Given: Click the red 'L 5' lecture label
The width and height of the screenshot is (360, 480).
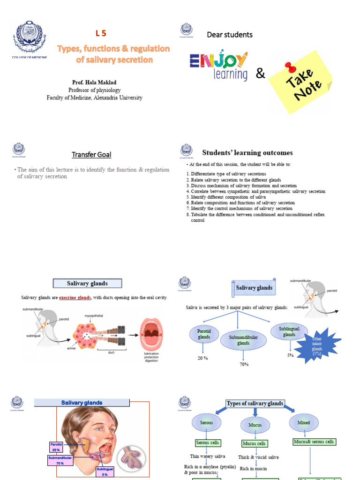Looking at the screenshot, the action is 101,33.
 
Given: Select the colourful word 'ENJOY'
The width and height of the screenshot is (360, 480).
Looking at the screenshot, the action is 218,60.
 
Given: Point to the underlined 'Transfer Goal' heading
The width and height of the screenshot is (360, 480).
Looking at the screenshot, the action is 91,155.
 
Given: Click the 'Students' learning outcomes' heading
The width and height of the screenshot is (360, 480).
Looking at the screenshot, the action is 247,152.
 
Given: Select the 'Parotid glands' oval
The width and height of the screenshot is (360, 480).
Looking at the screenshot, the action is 204,334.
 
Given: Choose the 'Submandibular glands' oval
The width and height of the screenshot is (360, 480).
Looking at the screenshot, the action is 243,340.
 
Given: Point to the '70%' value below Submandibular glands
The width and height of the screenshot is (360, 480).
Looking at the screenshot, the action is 244,364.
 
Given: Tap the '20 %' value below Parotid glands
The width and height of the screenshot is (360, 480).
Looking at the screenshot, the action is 203,359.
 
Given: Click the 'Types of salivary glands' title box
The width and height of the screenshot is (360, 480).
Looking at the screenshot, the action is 255,404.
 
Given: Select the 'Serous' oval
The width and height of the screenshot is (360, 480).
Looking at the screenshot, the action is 206,423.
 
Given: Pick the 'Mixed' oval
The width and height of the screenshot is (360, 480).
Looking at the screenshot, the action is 304,423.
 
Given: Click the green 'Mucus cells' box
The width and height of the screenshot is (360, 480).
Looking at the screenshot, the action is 255,443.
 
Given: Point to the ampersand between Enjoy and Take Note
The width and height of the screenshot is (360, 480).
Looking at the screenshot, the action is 260,73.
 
